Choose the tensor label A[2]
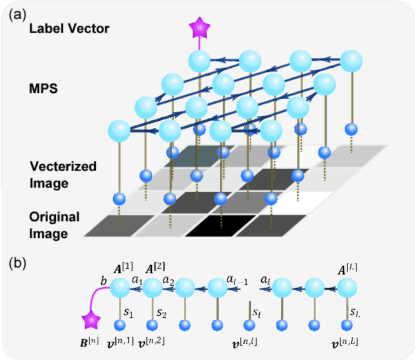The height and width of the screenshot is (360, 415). pos(155,270)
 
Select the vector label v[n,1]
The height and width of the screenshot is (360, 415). pos(122,344)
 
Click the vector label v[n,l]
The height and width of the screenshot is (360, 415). pos(250,344)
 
